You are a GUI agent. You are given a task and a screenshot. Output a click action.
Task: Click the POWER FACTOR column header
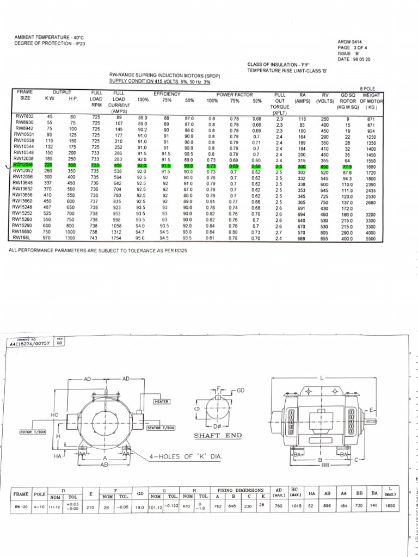point(232,94)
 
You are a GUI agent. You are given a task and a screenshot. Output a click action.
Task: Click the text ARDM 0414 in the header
point(350,41)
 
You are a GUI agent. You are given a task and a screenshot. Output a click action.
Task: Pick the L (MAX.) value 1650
point(390,505)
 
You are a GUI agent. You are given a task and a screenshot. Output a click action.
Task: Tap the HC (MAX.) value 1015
point(296,505)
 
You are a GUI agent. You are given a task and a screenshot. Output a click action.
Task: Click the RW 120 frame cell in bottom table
point(22,505)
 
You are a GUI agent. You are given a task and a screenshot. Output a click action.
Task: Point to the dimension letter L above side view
point(322,377)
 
